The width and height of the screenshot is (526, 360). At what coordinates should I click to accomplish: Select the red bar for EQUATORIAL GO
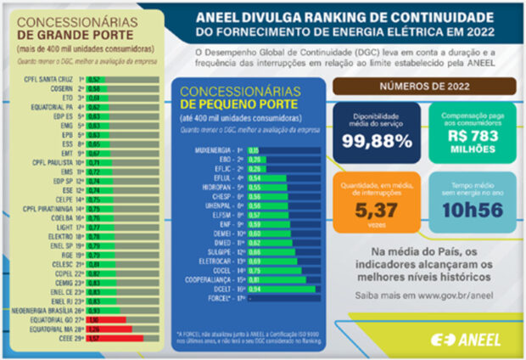[x=107, y=320]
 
